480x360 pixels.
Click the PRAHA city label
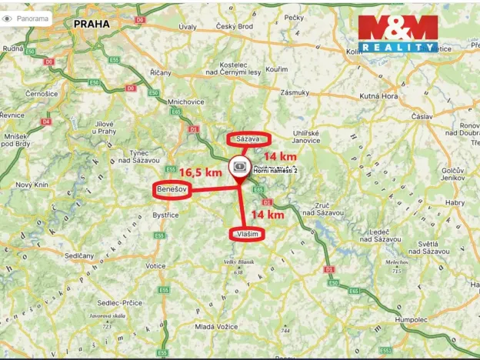pyautogui.click(x=92, y=24)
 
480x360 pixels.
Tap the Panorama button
pyautogui.click(x=27, y=18)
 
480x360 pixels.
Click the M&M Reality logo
pyautogui.click(x=397, y=33)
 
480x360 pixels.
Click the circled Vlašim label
pyautogui.click(x=247, y=233)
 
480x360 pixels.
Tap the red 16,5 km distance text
pyautogui.click(x=200, y=172)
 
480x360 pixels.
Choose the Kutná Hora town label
pyautogui.click(x=378, y=96)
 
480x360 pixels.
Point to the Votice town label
pyautogui.click(x=156, y=266)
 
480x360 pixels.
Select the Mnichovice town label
pyautogui.click(x=185, y=101)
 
